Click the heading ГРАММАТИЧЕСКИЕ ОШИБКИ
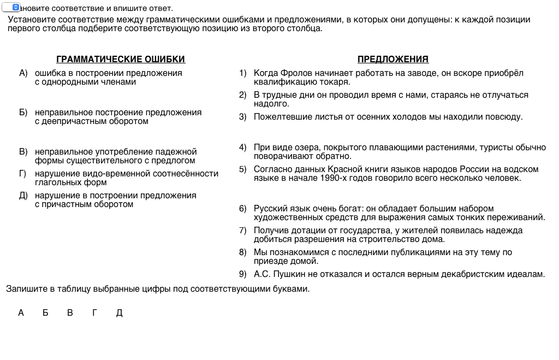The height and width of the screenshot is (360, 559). tap(121, 60)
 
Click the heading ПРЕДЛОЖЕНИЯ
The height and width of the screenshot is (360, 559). tap(393, 60)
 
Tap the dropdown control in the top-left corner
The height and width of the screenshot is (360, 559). tap(11, 8)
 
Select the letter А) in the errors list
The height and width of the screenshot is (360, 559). tap(23, 73)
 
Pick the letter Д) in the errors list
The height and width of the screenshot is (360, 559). tap(23, 196)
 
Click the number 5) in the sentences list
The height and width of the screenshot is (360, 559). tap(243, 169)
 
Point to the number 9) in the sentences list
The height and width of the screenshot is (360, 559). tap(243, 274)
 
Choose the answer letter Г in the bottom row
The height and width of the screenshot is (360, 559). tap(94, 313)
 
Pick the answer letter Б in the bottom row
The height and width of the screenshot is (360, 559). tap(45, 313)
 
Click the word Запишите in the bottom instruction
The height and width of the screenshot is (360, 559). tap(23, 289)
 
